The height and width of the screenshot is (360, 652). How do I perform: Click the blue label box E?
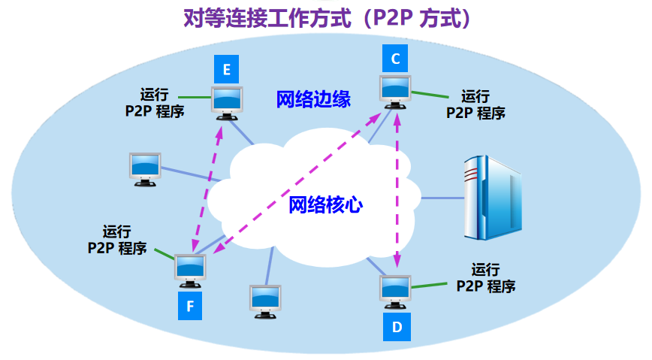pos(226,69)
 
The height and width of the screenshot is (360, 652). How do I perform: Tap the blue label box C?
pos(395,59)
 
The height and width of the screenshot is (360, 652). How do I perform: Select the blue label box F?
pos(190,306)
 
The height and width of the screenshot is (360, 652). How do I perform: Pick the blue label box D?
pos(397,327)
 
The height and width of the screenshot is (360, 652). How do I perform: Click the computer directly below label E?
pos(227,103)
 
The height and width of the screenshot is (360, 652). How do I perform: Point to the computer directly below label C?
pos(395,92)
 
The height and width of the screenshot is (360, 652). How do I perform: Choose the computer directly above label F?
pos(190,271)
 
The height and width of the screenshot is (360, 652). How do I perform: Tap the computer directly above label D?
pos(395,292)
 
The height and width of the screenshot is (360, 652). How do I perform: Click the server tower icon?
pos(492,197)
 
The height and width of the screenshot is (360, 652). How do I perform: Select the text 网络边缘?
pos(313,99)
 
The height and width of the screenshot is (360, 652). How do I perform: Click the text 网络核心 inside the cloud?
pos(325,204)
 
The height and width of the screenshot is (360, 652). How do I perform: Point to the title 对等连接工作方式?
pos(267,18)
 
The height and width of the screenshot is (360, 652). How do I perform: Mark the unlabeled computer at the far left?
pos(145,169)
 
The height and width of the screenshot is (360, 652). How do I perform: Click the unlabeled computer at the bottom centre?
pos(265,301)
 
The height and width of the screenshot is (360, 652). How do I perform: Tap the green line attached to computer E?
pos(195,98)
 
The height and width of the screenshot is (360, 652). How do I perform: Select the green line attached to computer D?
pos(429,286)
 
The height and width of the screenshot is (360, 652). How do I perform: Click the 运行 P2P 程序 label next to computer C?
pos(475,105)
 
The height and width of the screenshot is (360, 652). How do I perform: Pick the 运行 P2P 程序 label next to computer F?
pos(117,240)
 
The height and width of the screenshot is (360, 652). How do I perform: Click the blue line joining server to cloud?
pos(442,198)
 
